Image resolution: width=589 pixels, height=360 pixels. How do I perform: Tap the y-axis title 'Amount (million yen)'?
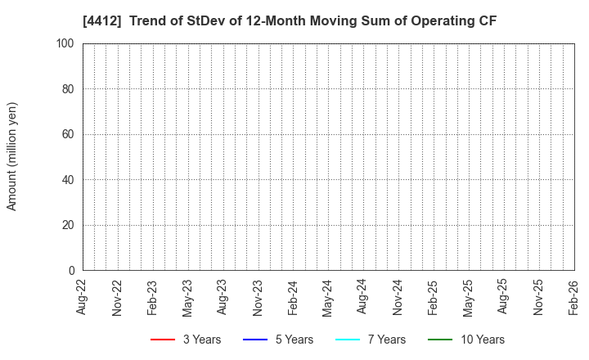(12, 156)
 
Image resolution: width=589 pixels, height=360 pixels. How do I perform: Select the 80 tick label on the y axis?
(69, 89)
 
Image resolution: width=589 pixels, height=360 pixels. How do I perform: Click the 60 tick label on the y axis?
(69, 134)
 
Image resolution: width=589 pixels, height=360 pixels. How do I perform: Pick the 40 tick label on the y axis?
(69, 180)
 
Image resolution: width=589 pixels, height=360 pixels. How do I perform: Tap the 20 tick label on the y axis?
(69, 225)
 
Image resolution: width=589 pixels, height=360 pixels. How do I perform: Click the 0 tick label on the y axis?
(72, 271)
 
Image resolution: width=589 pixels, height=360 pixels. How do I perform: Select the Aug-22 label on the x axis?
(83, 297)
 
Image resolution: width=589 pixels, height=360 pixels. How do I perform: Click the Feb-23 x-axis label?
(152, 297)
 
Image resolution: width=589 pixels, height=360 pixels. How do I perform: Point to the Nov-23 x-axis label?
(258, 297)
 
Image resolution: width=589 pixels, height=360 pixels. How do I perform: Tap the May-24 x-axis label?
(328, 297)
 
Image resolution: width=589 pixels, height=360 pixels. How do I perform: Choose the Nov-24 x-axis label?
(398, 297)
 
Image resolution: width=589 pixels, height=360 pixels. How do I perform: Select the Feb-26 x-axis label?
(573, 297)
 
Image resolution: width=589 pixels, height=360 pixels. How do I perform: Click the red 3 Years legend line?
(163, 340)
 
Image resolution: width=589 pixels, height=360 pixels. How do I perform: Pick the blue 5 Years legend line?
(255, 340)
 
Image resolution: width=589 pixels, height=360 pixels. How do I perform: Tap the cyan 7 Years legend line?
(348, 340)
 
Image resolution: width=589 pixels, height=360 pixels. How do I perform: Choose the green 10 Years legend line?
(440, 340)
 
